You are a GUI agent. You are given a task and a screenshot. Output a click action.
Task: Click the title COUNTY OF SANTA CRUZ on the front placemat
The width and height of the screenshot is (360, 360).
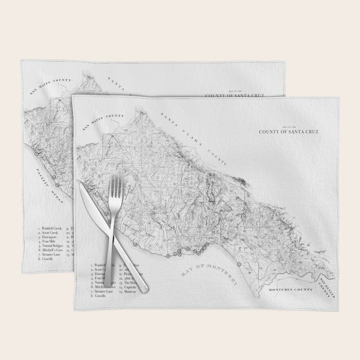click(289, 132)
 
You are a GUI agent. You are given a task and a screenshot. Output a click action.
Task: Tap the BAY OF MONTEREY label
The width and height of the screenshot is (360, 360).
click(211, 278)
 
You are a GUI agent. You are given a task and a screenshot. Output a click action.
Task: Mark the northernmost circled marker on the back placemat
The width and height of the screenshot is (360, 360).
click(36, 153)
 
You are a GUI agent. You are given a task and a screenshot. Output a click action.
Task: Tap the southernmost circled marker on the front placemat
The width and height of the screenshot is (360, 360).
click(240, 264)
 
